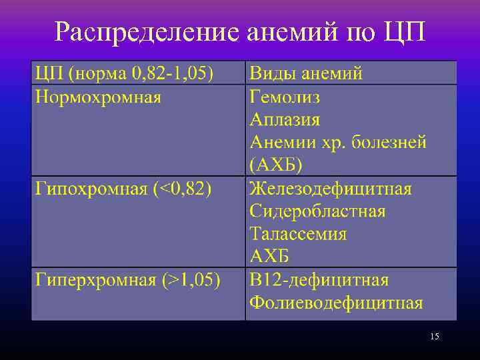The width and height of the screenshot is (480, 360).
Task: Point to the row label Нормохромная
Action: click(98, 97)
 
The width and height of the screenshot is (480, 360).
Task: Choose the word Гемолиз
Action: click(285, 97)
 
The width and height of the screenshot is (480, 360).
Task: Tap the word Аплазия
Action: click(285, 120)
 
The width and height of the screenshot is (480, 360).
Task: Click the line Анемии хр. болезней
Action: click(337, 143)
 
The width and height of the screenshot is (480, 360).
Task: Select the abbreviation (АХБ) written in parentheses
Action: click(276, 165)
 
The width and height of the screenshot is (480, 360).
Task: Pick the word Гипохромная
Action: click(91, 189)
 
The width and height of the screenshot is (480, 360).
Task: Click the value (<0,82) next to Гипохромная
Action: click(182, 189)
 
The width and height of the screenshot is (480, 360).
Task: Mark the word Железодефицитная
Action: click(331, 189)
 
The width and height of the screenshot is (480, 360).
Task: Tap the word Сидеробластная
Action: click(317, 211)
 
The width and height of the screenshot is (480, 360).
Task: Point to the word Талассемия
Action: click(298, 234)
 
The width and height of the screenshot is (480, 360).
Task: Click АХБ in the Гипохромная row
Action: click(269, 256)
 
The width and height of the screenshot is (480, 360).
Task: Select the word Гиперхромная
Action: click(95, 279)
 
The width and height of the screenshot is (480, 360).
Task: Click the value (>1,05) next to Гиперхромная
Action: click(191, 279)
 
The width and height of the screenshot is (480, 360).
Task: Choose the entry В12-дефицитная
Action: click(319, 279)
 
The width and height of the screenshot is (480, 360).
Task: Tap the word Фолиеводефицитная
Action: click(336, 303)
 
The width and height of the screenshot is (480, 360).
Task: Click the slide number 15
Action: click(435, 336)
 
